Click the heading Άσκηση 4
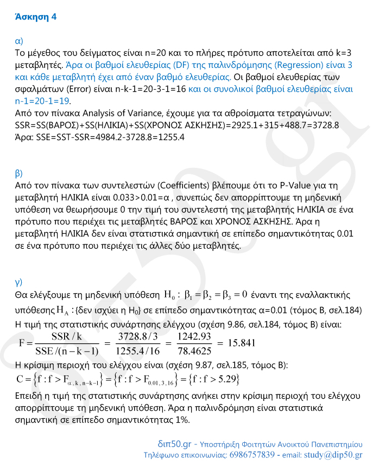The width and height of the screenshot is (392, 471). [x=36, y=16]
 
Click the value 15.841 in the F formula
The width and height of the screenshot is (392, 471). [x=239, y=343]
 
